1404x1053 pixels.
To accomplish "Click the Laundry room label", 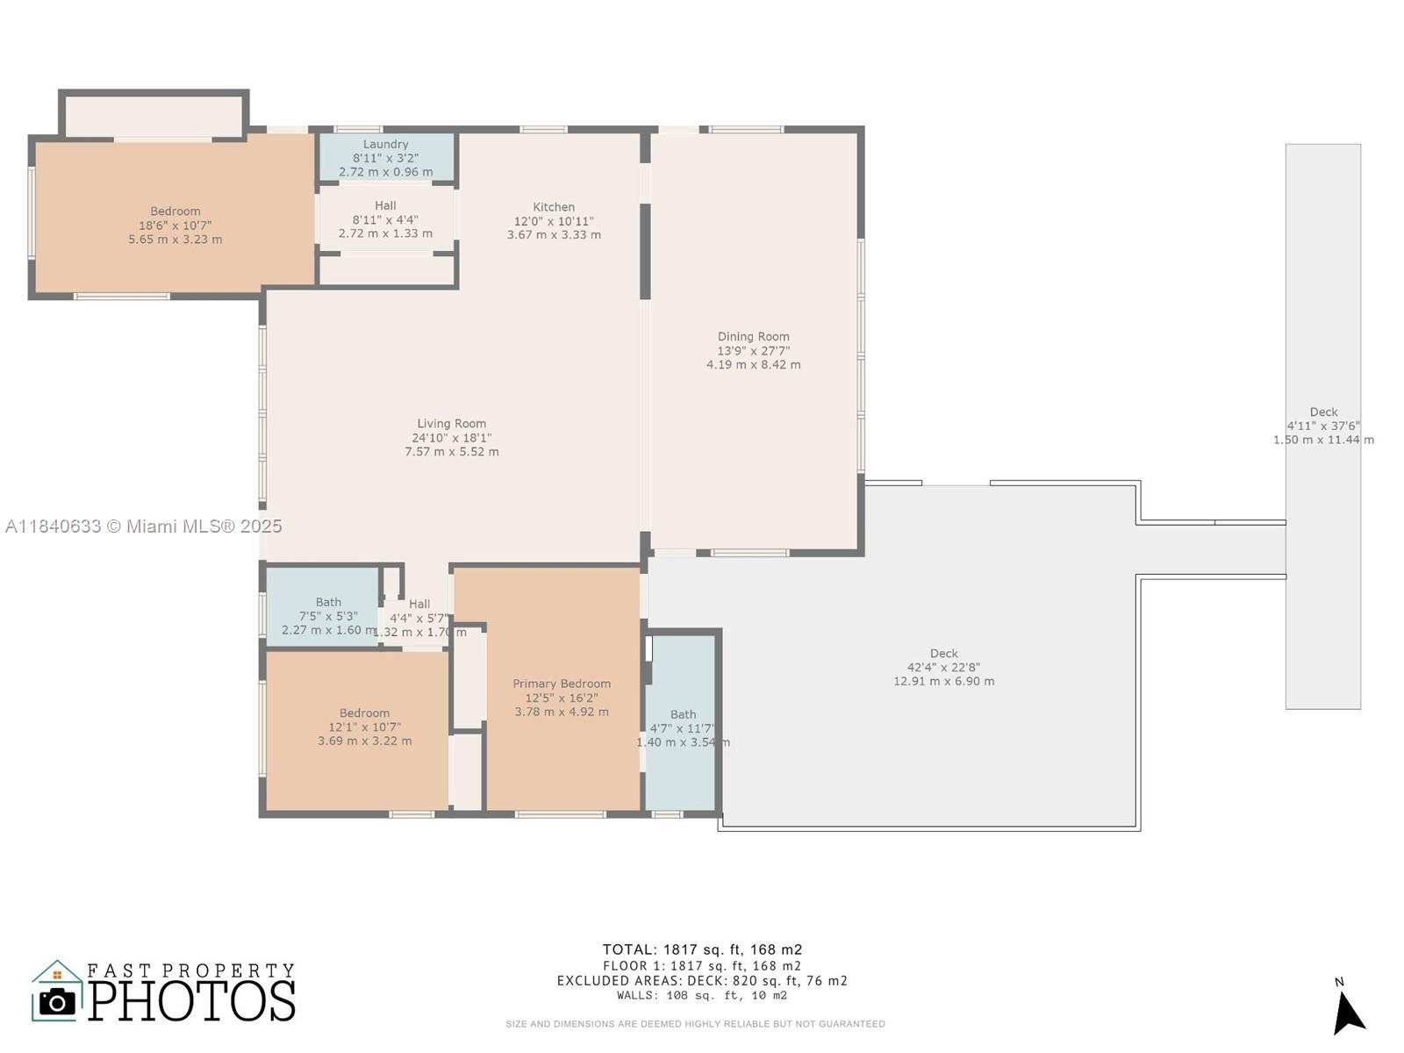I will (385, 145).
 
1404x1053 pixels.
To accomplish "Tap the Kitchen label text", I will (554, 208).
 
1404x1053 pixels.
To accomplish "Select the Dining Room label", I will (753, 337).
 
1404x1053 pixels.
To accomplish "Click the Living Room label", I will (451, 424).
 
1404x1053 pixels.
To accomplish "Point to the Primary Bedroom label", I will (562, 684).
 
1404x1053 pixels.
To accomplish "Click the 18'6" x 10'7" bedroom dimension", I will (175, 226).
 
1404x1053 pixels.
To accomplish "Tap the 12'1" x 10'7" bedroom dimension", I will (364, 727).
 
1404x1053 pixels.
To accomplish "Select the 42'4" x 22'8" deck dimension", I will (943, 667).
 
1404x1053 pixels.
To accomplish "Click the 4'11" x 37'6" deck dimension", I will (1323, 426).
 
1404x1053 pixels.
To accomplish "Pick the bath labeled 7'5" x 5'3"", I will (328, 616).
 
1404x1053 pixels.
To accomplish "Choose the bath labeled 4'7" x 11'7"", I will (683, 728).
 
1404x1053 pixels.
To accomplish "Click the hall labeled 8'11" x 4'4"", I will (385, 219).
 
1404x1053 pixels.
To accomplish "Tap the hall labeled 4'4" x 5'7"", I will (419, 618).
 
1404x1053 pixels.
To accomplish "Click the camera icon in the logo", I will (58, 1002).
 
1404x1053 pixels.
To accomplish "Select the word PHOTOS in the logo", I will (191, 1001).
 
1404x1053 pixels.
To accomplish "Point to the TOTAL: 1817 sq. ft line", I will (702, 949).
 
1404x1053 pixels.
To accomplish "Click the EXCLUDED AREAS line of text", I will (702, 981).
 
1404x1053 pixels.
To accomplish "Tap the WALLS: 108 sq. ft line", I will (702, 996).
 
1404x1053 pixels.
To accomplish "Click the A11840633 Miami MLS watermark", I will (143, 526).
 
